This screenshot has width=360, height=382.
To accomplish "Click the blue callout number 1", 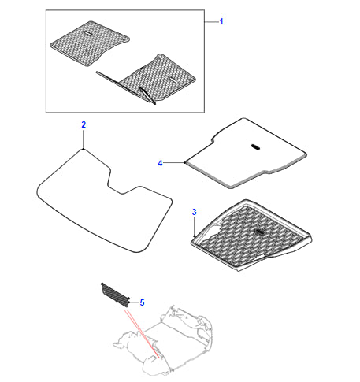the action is (221, 21).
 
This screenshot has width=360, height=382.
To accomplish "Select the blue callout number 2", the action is (84, 124).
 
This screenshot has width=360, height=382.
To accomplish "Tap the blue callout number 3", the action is (195, 212).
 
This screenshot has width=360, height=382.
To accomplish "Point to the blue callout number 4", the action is (160, 163).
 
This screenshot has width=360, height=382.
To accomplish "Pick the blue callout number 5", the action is (142, 302).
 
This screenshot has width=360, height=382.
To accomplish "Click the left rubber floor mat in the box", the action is (89, 43).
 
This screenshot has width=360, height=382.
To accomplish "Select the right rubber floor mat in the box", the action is (152, 79).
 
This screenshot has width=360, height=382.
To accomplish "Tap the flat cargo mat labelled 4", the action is (246, 153).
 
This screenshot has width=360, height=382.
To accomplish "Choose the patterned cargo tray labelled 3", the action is (251, 235).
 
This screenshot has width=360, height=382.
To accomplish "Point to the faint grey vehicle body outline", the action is (164, 341).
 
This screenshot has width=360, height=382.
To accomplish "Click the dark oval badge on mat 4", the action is (255, 147).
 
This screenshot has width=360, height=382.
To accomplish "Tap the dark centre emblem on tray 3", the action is (260, 232).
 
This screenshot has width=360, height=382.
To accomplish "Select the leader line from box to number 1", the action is (212, 22).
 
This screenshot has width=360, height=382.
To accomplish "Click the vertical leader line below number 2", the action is (84, 139).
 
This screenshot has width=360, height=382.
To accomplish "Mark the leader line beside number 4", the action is (174, 163).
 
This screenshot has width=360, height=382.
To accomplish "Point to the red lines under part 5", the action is (142, 333).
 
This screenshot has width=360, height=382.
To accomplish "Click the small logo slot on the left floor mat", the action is (88, 33).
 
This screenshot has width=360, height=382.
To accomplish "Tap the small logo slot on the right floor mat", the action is (173, 80).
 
